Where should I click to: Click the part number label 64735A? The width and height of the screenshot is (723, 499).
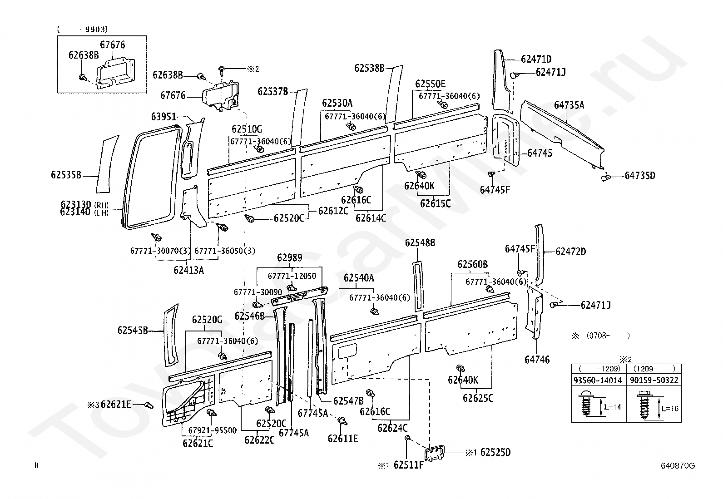(x=569, y=105)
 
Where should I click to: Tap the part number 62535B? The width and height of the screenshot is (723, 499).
(x=66, y=174)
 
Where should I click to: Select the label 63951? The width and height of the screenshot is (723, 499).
(x=163, y=117)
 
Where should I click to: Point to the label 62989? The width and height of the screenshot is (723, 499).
(x=290, y=258)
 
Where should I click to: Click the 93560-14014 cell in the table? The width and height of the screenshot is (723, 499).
(x=599, y=380)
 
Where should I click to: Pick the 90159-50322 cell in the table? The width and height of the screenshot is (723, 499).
(x=654, y=380)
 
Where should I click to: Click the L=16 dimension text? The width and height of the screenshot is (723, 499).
(x=670, y=409)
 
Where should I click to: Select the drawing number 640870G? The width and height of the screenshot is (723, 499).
(x=678, y=465)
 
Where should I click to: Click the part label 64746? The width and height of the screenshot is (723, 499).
(x=537, y=360)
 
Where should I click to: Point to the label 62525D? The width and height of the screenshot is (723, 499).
(x=495, y=452)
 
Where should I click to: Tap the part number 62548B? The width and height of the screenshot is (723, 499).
(x=420, y=243)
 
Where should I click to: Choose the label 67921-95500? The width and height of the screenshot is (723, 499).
(x=213, y=430)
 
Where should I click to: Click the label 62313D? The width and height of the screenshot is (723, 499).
(x=75, y=204)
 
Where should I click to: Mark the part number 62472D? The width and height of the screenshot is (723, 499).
(x=570, y=252)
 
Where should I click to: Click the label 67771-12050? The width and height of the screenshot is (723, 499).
(x=292, y=276)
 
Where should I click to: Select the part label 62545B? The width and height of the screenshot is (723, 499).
(x=133, y=330)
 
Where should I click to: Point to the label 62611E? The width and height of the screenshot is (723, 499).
(x=343, y=438)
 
